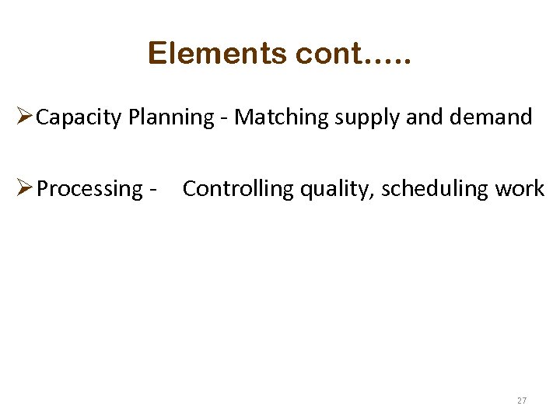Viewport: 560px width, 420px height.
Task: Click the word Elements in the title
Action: (x=219, y=54)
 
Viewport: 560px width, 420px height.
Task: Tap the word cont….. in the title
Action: (x=355, y=54)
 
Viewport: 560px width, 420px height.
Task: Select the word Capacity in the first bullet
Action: (x=80, y=118)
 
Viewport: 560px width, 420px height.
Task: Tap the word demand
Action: (x=493, y=117)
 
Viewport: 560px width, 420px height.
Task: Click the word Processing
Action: (x=90, y=189)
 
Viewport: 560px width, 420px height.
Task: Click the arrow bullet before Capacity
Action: (x=23, y=117)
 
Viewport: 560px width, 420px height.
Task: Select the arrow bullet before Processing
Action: (x=23, y=188)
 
